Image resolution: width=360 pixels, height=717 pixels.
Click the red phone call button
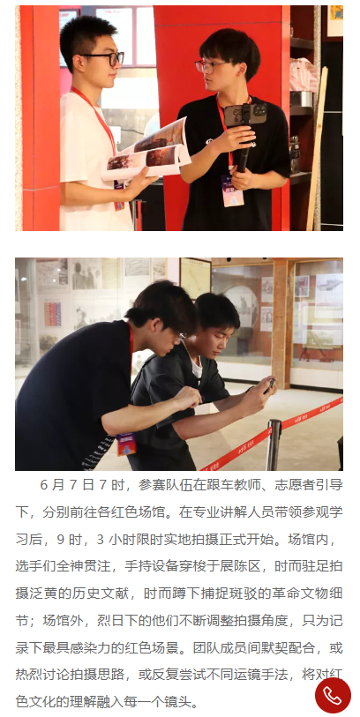click(333, 695)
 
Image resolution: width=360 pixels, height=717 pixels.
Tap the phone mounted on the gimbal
click(245, 115)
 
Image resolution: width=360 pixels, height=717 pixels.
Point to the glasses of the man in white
click(105, 58)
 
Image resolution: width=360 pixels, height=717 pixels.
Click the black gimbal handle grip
click(244, 151)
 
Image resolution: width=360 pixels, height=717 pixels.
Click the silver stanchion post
click(274, 444)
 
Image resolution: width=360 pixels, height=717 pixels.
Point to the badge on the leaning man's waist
click(126, 444)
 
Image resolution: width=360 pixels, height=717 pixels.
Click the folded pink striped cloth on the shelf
click(303, 76)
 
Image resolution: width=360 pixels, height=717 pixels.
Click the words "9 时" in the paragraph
click(68, 540)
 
